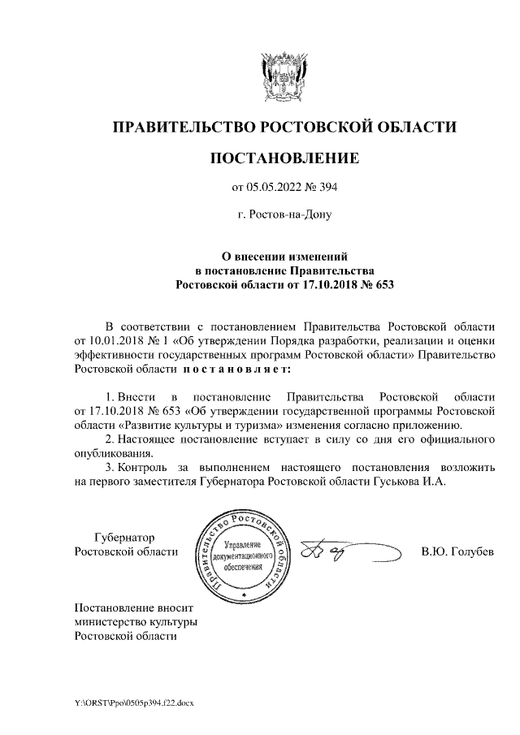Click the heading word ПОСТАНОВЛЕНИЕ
point(284,158)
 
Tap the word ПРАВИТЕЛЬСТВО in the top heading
point(182,128)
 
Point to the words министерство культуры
point(136,621)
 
